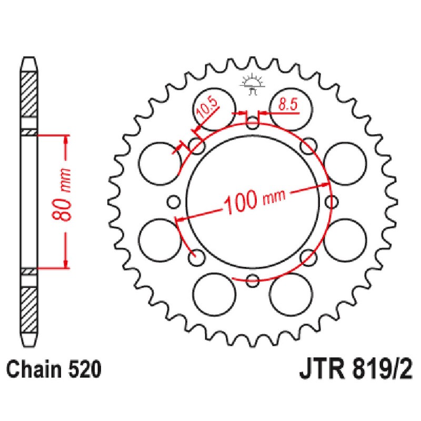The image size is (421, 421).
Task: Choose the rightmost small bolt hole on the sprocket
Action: [332, 201]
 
